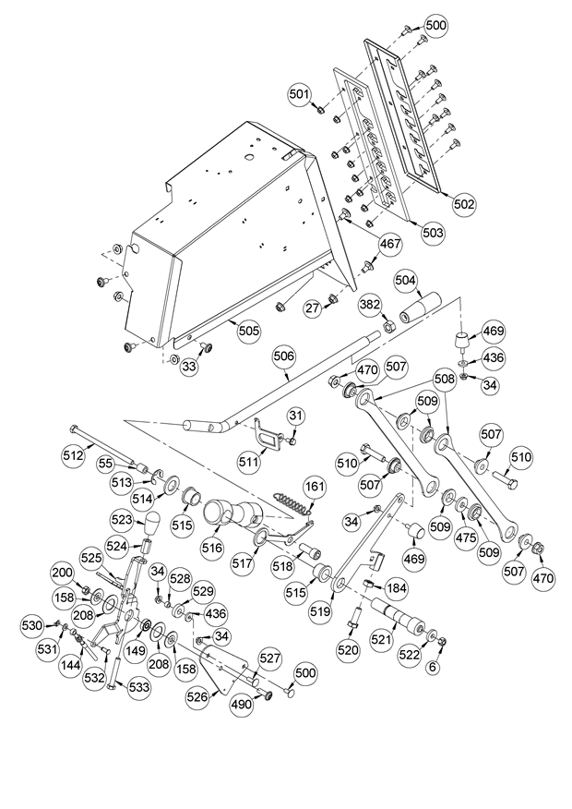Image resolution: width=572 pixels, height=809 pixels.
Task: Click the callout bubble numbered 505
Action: [x=249, y=331]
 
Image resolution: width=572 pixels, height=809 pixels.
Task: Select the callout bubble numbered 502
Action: [x=463, y=204]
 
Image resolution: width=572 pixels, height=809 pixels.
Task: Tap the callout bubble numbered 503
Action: [x=433, y=233]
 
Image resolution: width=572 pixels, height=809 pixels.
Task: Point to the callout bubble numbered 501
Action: [x=300, y=94]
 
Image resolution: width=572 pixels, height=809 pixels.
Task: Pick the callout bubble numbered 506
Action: [x=284, y=356]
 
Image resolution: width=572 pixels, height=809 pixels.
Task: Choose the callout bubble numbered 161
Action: [x=315, y=487]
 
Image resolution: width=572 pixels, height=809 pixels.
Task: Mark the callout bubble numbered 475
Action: [x=466, y=537]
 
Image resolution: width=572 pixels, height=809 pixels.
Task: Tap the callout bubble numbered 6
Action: [x=433, y=667]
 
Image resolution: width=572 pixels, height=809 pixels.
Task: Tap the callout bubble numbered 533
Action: [x=139, y=687]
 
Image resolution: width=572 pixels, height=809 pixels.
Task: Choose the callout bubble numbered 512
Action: [x=73, y=455]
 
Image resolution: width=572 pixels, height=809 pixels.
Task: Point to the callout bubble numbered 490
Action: [x=243, y=705]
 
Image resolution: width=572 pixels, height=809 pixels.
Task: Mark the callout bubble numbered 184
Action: [x=396, y=587]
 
